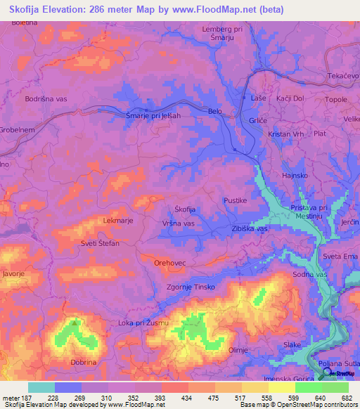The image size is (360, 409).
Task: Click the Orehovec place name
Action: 169,262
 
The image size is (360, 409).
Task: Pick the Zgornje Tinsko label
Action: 195,287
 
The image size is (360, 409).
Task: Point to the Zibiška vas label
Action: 247,229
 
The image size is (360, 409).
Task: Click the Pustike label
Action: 236,200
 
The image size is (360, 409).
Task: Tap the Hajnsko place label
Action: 295,174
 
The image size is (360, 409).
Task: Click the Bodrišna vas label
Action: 46,99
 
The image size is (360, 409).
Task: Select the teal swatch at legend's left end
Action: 41,387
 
